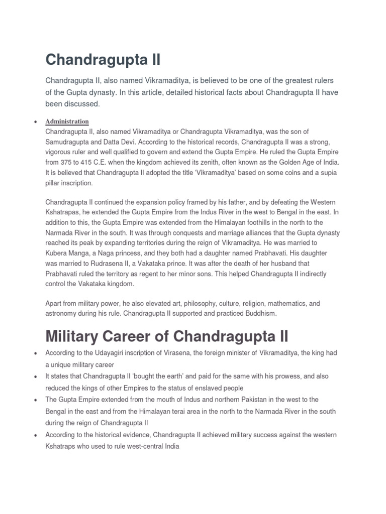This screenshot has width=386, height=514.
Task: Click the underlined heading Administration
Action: click(67, 121)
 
